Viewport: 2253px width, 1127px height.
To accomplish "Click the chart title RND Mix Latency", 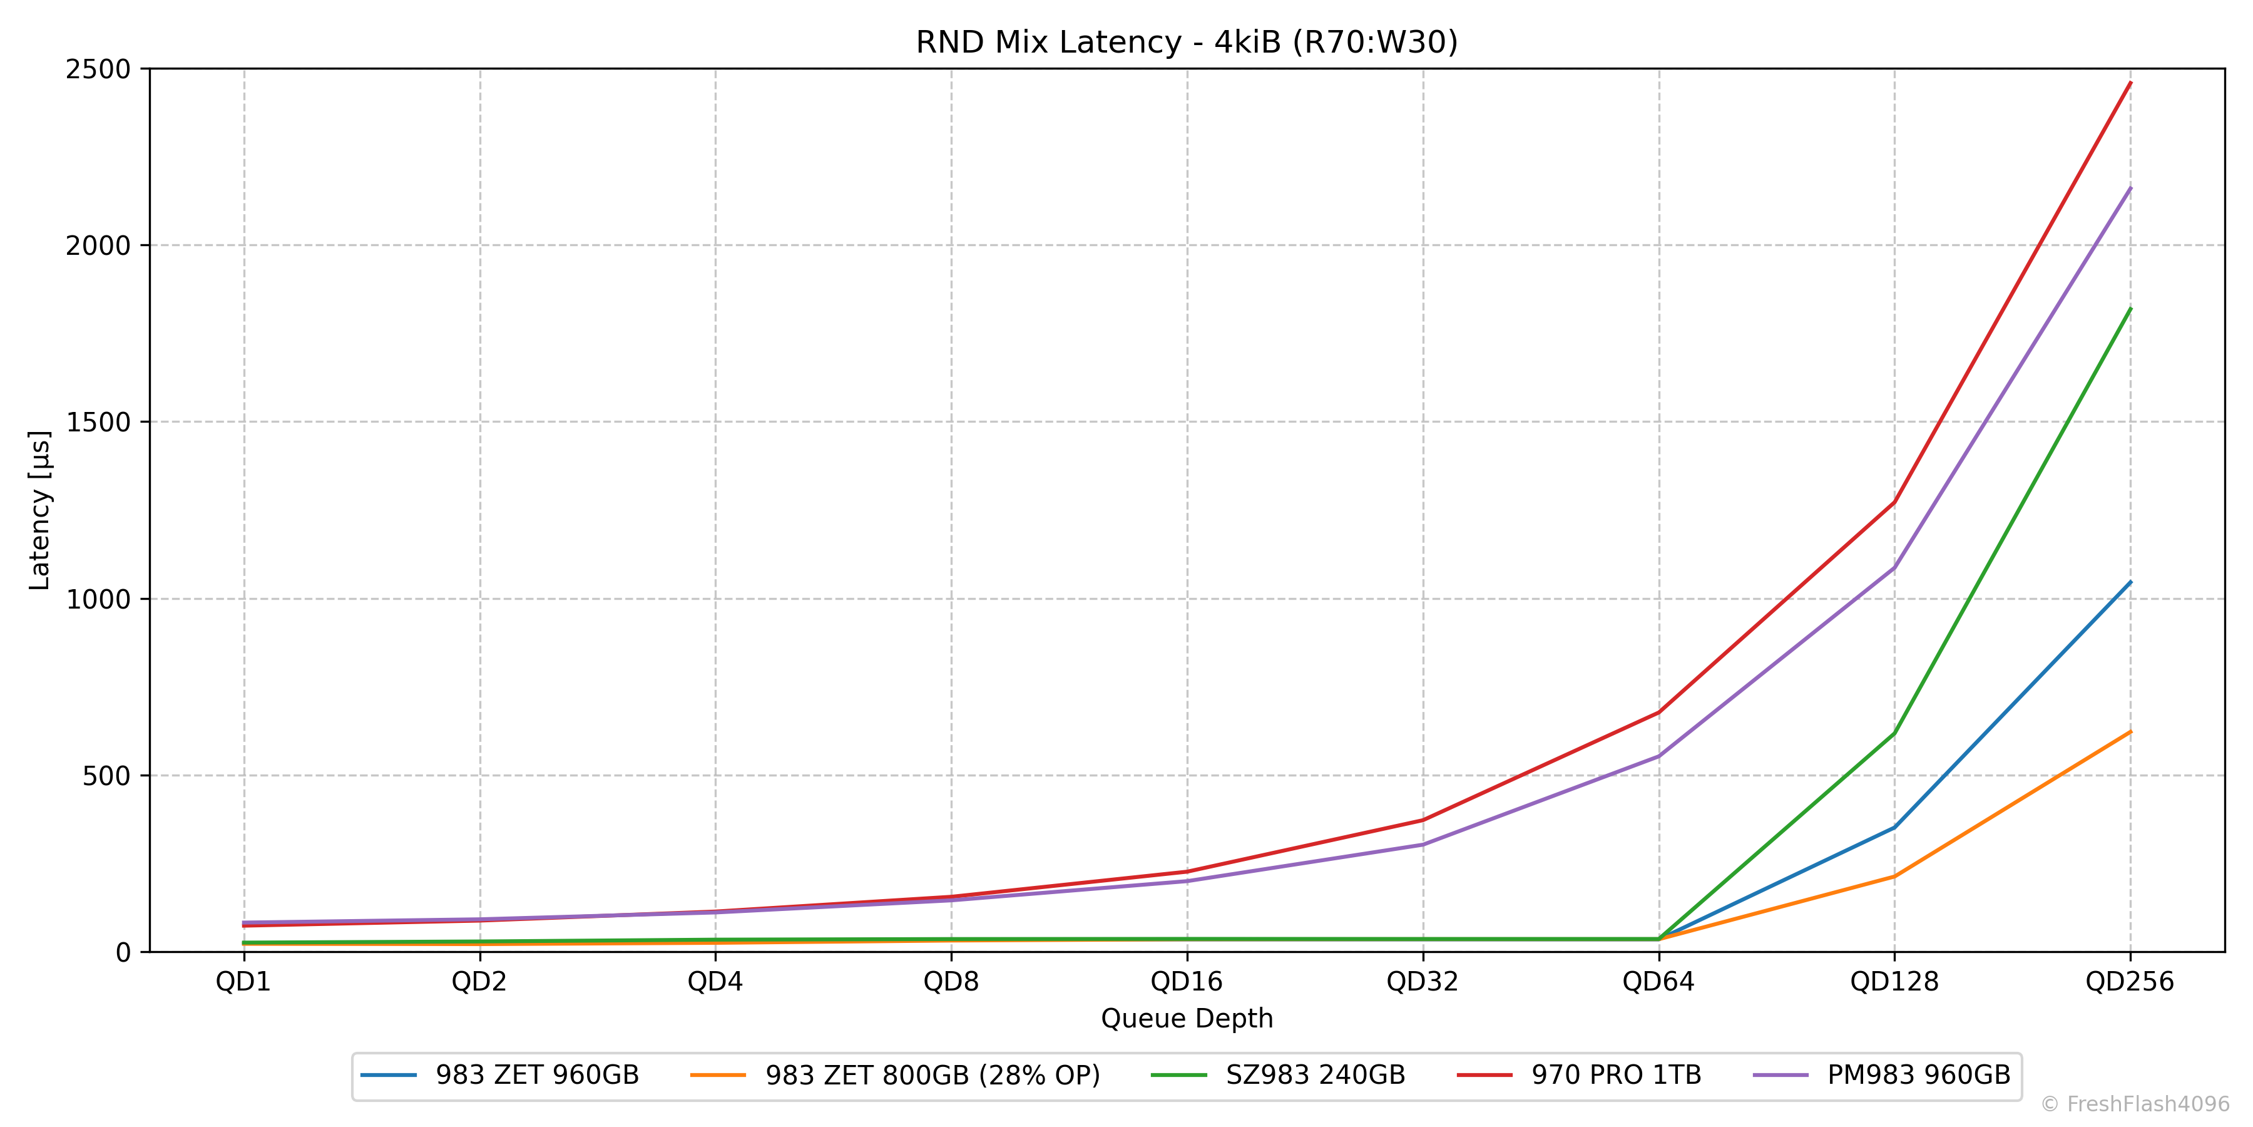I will [1187, 42].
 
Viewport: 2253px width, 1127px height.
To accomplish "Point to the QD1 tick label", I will [243, 982].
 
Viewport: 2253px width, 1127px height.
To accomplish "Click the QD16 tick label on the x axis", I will [1187, 982].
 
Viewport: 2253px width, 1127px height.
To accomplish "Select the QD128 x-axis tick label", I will [1894, 982].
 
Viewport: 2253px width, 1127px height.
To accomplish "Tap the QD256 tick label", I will [2130, 982].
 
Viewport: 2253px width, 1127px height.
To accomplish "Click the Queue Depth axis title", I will [1187, 1019].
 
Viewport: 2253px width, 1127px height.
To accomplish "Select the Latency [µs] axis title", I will [40, 510].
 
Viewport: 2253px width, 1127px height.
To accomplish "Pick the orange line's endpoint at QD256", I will [2130, 731].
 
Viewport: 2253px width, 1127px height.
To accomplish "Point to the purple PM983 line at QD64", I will [1658, 756].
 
